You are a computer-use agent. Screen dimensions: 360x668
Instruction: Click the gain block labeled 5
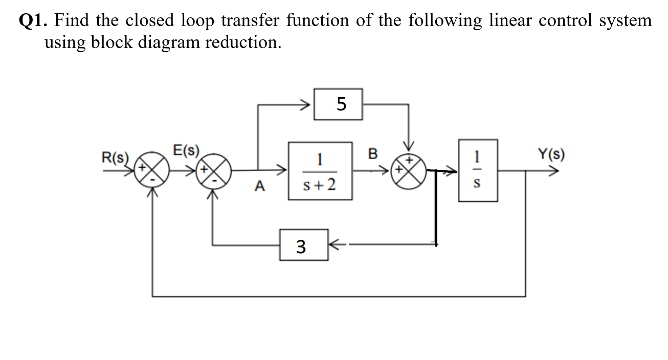tap(338, 104)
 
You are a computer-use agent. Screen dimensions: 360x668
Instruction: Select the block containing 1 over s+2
tap(320, 171)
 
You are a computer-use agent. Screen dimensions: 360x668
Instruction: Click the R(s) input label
tap(115, 156)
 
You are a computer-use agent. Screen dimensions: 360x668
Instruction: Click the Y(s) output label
tap(551, 154)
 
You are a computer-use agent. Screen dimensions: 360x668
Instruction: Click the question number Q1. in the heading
tap(34, 21)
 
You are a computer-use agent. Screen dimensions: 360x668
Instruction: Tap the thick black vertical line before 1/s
tap(436, 207)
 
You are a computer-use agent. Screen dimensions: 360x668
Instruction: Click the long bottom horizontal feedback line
tap(338, 296)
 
